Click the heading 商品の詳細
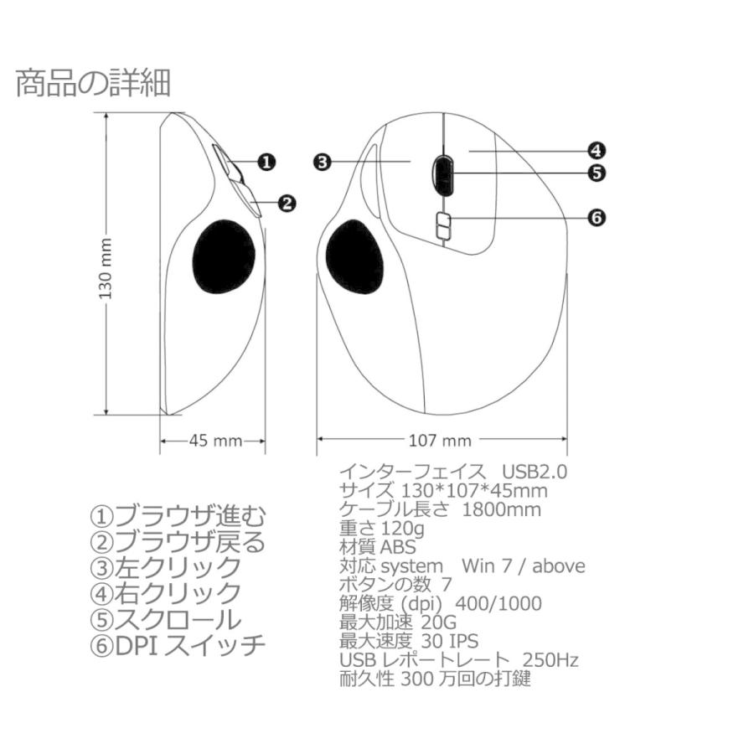[x=93, y=84]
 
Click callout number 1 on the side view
[x=265, y=162]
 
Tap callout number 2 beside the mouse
[x=287, y=202]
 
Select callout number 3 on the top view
[x=323, y=162]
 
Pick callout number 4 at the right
[x=596, y=152]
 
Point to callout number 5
[x=596, y=173]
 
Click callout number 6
[x=596, y=218]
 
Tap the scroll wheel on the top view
[x=443, y=173]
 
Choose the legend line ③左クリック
[x=165, y=567]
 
